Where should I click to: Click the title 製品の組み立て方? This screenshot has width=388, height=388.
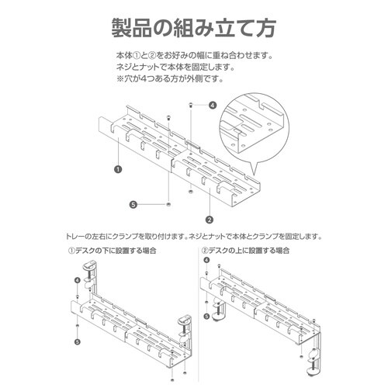(x=193, y=28)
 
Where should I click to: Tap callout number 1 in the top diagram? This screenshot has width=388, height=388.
(x=118, y=170)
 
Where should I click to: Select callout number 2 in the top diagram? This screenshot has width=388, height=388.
(x=209, y=220)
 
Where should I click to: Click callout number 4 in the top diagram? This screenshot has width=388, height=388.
(x=213, y=105)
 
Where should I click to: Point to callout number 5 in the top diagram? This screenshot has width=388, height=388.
(x=133, y=205)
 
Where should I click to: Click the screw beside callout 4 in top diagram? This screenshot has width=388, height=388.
(x=191, y=105)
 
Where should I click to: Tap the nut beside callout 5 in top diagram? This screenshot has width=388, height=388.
(x=168, y=205)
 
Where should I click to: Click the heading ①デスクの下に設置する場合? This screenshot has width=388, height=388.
(x=112, y=251)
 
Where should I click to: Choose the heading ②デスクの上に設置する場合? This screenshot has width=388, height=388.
(x=245, y=251)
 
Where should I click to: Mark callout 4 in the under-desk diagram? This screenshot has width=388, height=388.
(x=78, y=280)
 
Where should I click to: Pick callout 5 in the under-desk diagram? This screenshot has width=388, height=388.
(x=78, y=341)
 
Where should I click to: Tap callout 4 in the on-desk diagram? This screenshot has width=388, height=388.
(x=206, y=260)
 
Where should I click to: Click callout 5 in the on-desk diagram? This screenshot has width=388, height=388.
(x=206, y=316)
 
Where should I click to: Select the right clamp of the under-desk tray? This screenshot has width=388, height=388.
(x=185, y=331)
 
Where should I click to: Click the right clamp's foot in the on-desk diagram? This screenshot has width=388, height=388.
(x=313, y=372)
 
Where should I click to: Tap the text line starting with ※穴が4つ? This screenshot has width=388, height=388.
(x=170, y=79)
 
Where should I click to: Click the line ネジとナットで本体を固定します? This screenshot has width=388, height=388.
(x=175, y=68)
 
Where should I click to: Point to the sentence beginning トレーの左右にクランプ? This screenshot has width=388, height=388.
(x=194, y=237)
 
